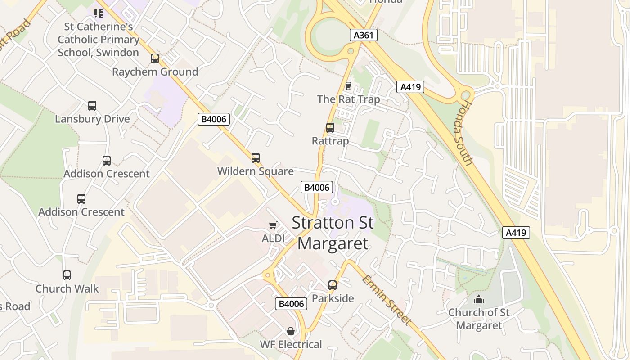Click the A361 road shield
[x=363, y=35]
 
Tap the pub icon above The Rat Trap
[x=348, y=85]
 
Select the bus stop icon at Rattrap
[x=330, y=128]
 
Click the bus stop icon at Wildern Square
[x=256, y=158]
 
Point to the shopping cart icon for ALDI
[x=273, y=225]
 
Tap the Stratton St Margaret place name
[x=333, y=233]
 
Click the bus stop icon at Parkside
[x=333, y=285]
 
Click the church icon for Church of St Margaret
[x=479, y=299]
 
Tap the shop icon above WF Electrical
[x=291, y=332]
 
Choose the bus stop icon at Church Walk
[x=67, y=275]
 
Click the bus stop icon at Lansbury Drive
[x=92, y=106]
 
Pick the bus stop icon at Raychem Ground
[x=155, y=58]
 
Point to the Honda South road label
[x=467, y=133]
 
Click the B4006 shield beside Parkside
[x=291, y=304]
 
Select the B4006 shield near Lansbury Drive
[x=214, y=119]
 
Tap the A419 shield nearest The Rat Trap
[x=410, y=87]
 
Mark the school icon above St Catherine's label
[x=98, y=13]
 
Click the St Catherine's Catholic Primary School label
[x=99, y=40]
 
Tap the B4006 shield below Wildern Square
[x=317, y=188]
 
